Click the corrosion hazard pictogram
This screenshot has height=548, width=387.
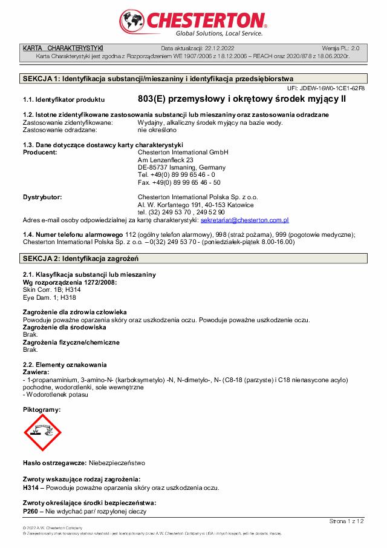point(42,436)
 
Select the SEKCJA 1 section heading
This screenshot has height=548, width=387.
point(158,79)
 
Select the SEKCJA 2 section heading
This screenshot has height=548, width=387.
point(80,259)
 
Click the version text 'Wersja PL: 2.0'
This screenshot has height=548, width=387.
point(340,48)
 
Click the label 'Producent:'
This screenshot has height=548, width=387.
point(40,152)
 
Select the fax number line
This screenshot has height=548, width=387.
point(179,182)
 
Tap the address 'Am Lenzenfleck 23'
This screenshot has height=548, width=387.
point(165,160)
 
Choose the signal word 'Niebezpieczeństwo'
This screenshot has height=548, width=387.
point(117,463)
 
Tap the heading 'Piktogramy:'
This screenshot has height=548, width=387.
point(41,410)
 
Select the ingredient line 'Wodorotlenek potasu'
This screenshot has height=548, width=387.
point(56,395)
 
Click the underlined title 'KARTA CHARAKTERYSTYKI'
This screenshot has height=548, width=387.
point(63,48)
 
